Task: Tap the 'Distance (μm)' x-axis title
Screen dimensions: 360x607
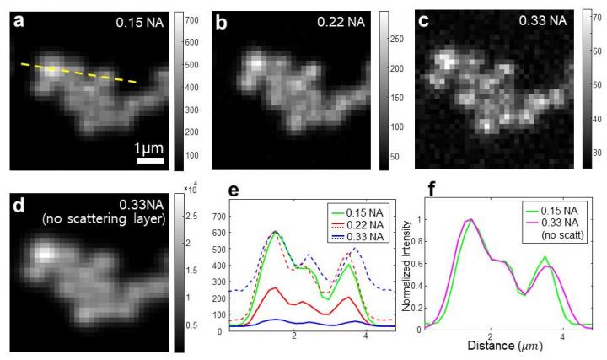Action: click(x=502, y=347)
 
